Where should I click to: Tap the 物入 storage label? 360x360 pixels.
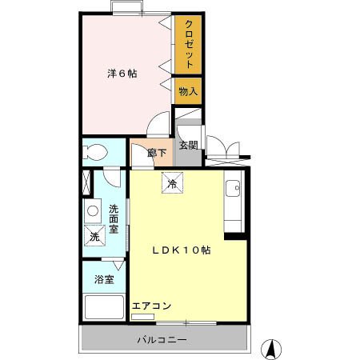click(x=187, y=92)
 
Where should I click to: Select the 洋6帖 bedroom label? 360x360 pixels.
click(x=122, y=74)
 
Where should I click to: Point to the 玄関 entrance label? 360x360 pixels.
click(x=188, y=145)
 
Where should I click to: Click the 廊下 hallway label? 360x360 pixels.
click(x=157, y=153)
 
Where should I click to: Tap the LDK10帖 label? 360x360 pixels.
click(x=182, y=250)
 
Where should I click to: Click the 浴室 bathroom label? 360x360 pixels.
click(x=104, y=280)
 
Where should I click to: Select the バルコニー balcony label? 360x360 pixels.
click(x=161, y=340)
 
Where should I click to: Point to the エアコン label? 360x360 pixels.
click(x=151, y=306)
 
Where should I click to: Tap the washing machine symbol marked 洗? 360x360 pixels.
click(x=94, y=237)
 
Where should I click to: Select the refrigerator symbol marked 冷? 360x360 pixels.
click(x=171, y=182)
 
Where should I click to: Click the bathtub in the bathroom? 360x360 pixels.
click(x=104, y=308)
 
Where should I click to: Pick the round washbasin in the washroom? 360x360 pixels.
click(x=93, y=211)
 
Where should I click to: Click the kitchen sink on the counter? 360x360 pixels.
click(x=234, y=189)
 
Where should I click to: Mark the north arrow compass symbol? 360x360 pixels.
click(x=271, y=348)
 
